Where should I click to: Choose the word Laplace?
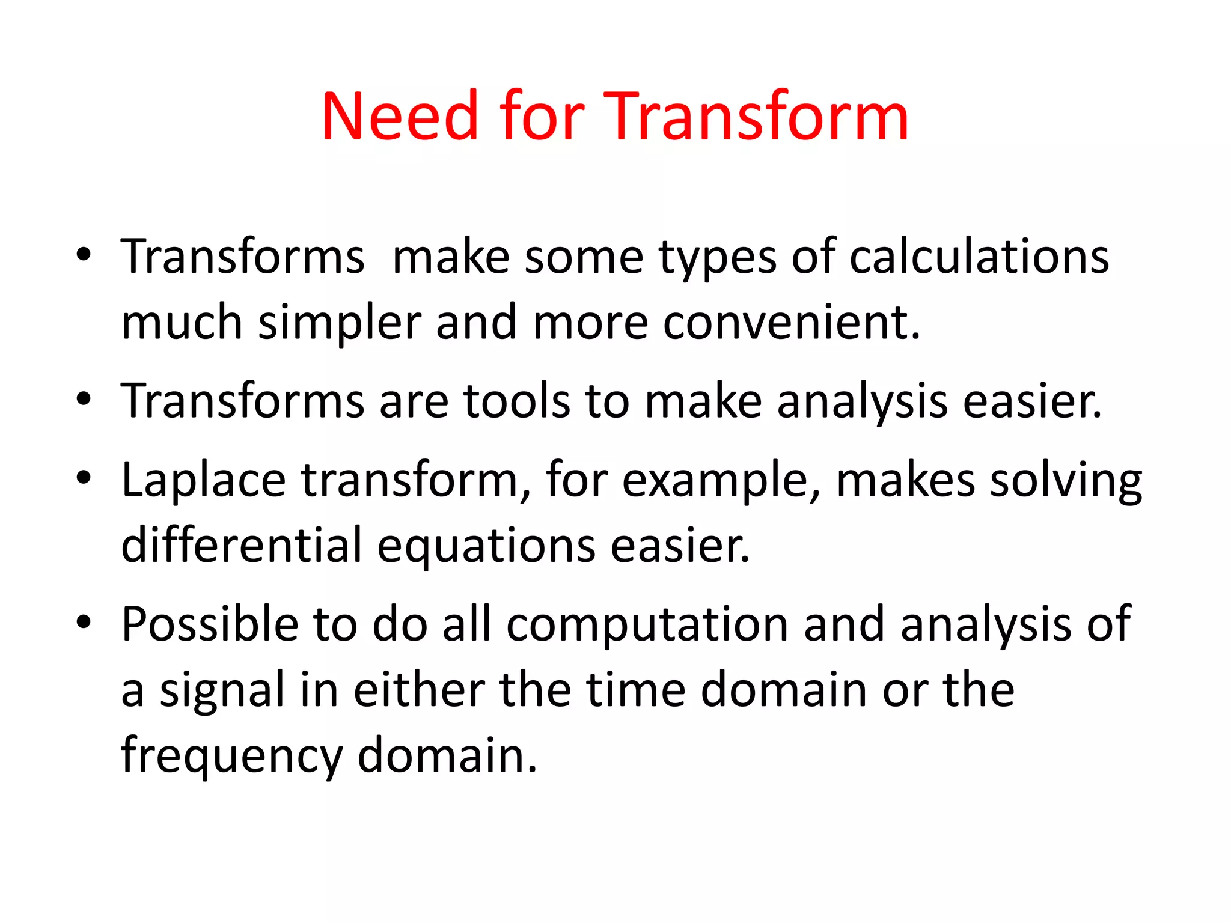pos(203,481)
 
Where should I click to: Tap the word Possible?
pos(210,624)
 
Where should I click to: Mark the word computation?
pos(647,626)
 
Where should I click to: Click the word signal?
pos(221,691)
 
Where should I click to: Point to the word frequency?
pos(231,757)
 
